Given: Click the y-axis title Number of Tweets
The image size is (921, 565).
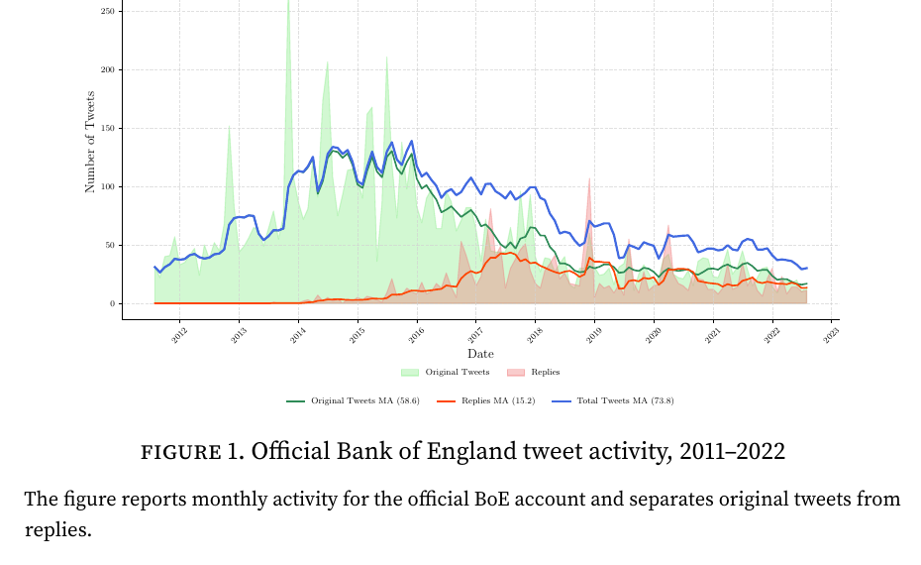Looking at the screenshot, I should [90, 141].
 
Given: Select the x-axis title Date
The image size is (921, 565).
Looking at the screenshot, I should [480, 354].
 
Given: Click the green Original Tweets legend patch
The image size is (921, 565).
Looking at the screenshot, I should [410, 373].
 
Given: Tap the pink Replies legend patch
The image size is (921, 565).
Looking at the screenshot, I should [516, 373].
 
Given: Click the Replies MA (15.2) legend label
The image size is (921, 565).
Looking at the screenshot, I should [496, 400].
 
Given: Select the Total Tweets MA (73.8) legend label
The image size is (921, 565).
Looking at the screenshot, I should [625, 400].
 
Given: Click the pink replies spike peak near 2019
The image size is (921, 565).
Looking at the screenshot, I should [589, 179].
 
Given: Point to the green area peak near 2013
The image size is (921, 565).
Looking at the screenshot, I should [230, 127].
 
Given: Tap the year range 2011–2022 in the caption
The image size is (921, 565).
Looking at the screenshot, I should [732, 453].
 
